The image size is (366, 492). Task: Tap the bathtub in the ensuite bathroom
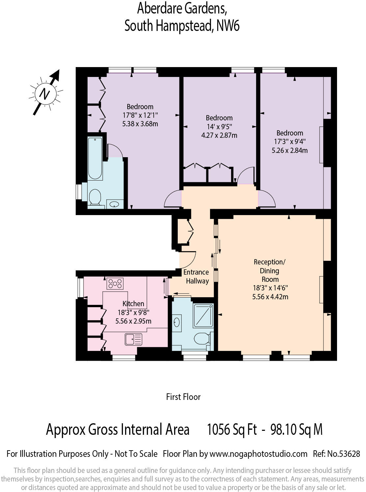coord(95,158)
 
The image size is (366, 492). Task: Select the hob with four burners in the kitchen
coord(115,283)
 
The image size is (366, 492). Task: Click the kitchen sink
coord(133,339)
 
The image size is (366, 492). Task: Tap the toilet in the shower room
coord(202,338)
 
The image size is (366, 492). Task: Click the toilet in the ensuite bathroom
coord(95,197)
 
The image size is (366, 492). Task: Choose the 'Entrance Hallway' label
coord(196,277)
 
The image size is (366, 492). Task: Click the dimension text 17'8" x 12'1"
coord(140,115)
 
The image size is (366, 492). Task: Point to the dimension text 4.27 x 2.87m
coord(219,135)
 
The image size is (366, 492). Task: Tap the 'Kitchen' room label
coord(133,304)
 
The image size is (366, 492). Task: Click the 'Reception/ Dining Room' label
coord(270,270)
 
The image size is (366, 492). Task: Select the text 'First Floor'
coord(183,397)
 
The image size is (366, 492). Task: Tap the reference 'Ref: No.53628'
coord(336,454)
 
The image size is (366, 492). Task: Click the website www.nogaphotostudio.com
coord(258,454)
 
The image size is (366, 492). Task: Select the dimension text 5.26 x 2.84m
coord(290,150)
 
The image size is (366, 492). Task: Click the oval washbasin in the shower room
coord(177,321)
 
